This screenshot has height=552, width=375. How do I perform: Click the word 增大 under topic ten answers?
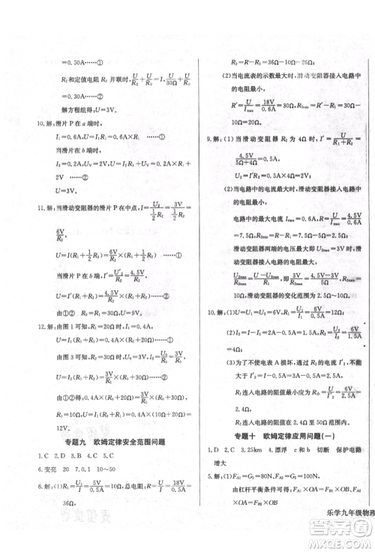click(221, 463)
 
